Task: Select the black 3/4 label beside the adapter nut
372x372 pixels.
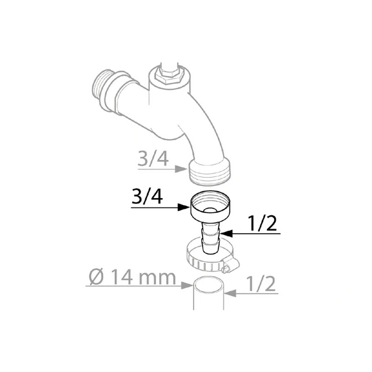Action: pyautogui.click(x=147, y=197)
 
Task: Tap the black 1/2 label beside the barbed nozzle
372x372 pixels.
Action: pyautogui.click(x=262, y=223)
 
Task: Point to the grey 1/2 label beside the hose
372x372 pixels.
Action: pyautogui.click(x=261, y=283)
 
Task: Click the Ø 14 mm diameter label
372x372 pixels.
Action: pyautogui.click(x=132, y=277)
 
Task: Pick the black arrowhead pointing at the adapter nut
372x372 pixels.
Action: pyautogui.click(x=184, y=208)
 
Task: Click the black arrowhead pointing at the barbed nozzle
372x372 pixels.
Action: pyautogui.click(x=226, y=234)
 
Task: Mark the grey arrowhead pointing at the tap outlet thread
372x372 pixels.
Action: pyautogui.click(x=181, y=169)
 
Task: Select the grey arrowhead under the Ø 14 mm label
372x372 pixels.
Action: pyautogui.click(x=187, y=285)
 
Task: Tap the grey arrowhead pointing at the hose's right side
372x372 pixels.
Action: pyautogui.click(x=230, y=294)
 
